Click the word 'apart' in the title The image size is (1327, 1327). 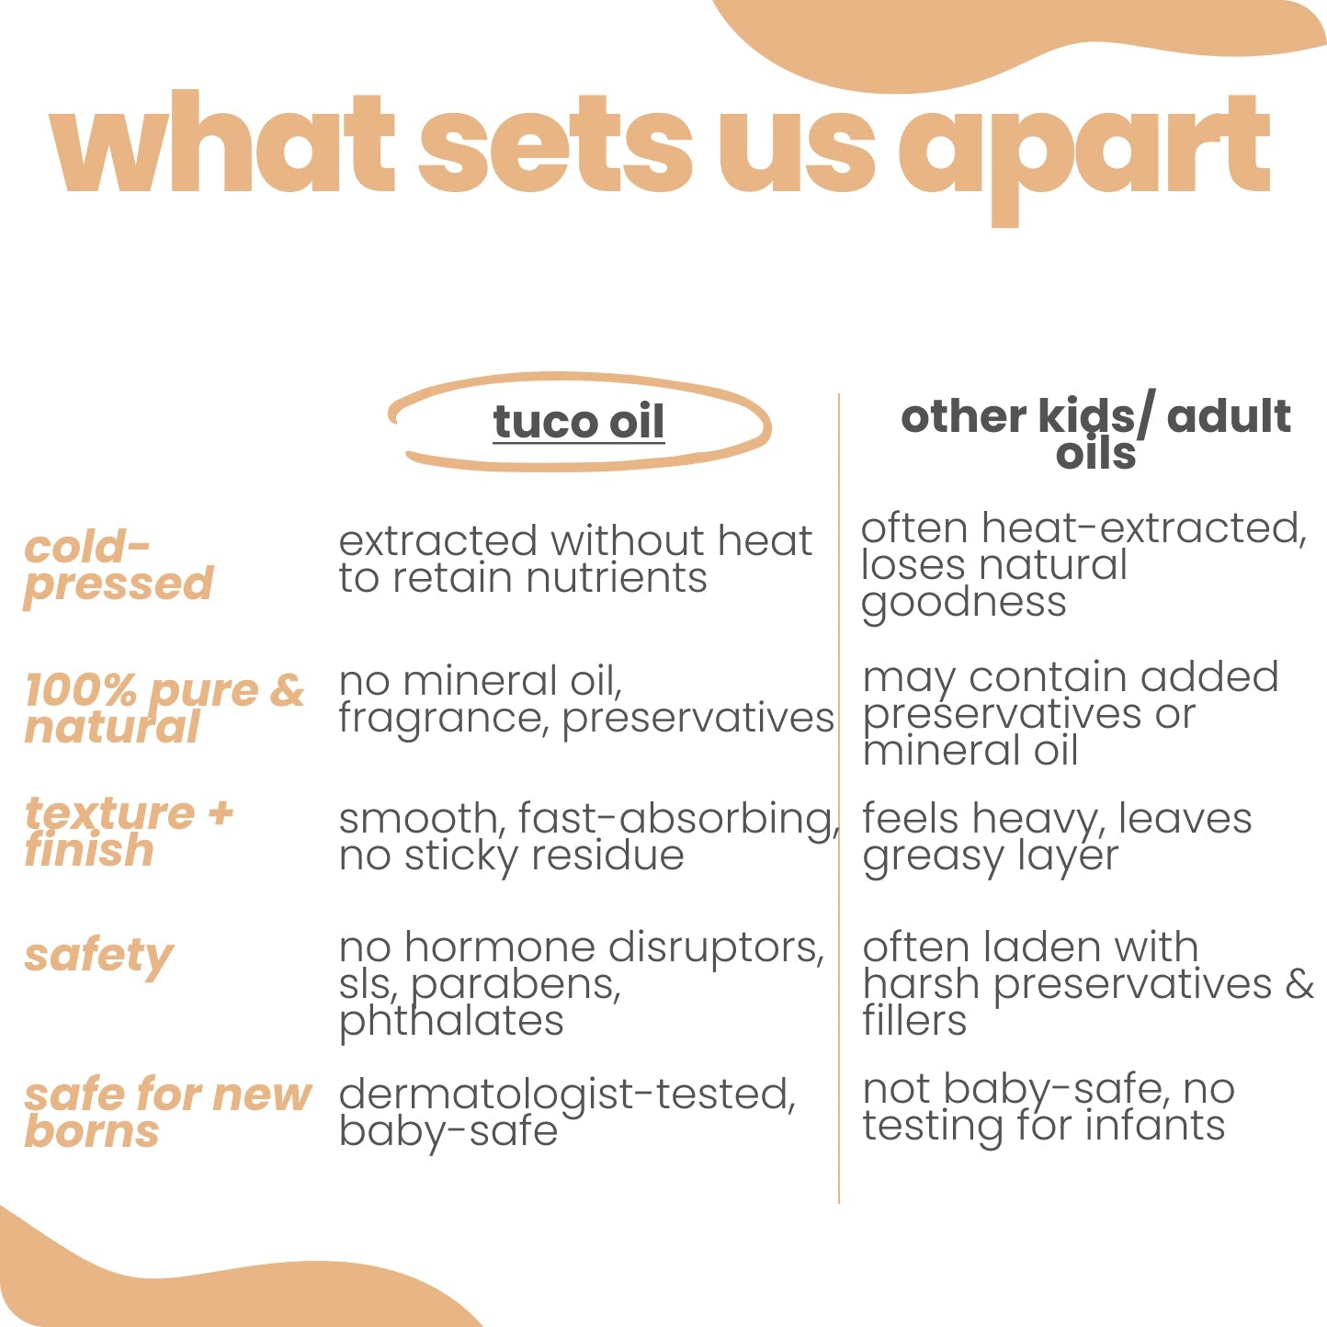(x=1083, y=158)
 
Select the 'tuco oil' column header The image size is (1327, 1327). (x=578, y=422)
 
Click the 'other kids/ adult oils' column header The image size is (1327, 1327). (x=1095, y=434)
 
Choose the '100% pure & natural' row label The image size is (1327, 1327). (x=164, y=710)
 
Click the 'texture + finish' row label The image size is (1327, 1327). (x=129, y=831)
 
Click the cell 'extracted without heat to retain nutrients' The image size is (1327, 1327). (x=575, y=559)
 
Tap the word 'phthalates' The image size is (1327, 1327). (x=451, y=1022)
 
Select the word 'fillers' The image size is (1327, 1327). (x=914, y=1020)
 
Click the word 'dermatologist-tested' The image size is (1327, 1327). (x=567, y=1094)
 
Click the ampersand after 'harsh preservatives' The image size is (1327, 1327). (x=1299, y=983)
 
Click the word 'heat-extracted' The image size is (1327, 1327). (x=1144, y=528)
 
